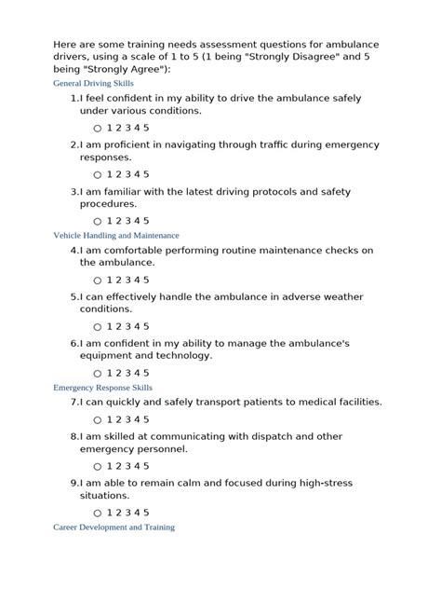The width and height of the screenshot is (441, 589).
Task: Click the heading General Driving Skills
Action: click(x=94, y=83)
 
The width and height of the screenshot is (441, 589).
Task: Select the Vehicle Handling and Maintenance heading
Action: click(x=116, y=235)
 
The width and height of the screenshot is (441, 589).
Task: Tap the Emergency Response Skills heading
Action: click(x=103, y=387)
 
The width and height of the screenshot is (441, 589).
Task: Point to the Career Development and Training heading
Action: click(x=114, y=527)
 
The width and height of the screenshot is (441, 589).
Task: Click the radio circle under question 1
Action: click(x=98, y=128)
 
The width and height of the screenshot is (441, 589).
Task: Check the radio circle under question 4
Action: click(x=98, y=281)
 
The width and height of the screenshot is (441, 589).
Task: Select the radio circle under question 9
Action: click(x=98, y=514)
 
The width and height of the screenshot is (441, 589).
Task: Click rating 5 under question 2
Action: click(x=146, y=174)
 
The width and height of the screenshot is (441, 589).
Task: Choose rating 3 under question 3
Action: click(x=127, y=221)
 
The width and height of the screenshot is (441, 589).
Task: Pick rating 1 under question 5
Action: click(x=109, y=327)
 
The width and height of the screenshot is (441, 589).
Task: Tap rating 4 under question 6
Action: click(x=137, y=374)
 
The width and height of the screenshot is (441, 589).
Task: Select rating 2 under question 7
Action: click(x=118, y=420)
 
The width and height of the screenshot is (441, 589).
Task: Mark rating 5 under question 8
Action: click(x=146, y=467)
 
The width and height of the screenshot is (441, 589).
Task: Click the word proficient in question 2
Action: click(x=133, y=144)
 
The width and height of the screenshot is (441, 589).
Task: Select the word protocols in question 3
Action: click(x=269, y=191)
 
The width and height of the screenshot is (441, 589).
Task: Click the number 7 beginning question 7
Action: click(x=73, y=403)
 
